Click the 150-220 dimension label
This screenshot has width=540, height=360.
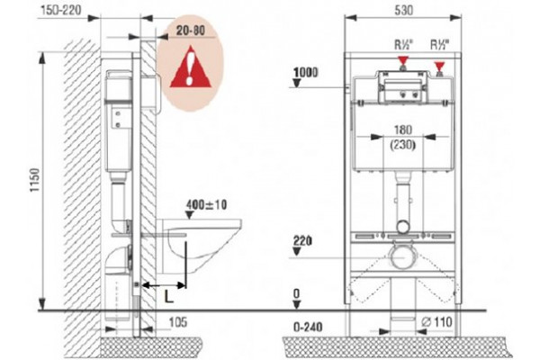pyautogui.click(x=61, y=10)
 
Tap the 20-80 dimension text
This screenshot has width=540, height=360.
pyautogui.click(x=191, y=31)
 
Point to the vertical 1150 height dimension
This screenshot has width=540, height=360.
pyautogui.click(x=35, y=180)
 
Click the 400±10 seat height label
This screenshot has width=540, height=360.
pyautogui.click(x=207, y=204)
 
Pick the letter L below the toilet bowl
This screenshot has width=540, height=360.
pyautogui.click(x=168, y=296)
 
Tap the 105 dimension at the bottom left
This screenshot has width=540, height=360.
pyautogui.click(x=178, y=322)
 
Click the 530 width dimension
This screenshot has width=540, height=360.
pyautogui.click(x=403, y=10)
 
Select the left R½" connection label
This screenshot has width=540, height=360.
pyautogui.click(x=403, y=44)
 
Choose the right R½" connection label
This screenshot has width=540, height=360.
pyautogui.click(x=440, y=44)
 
